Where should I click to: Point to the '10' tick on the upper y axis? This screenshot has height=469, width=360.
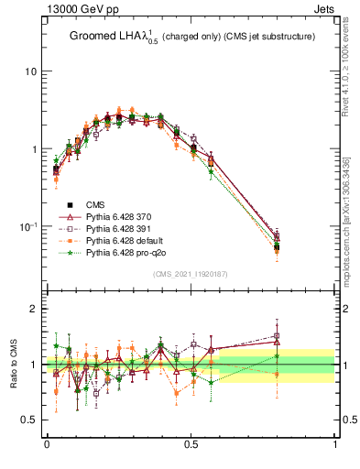click(30, 71)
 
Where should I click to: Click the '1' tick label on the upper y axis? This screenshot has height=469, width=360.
click(33, 148)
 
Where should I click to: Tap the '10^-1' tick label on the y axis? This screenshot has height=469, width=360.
click(28, 225)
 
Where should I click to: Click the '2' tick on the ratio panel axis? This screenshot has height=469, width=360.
click(33, 309)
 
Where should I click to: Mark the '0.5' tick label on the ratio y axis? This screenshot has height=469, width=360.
click(29, 420)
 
